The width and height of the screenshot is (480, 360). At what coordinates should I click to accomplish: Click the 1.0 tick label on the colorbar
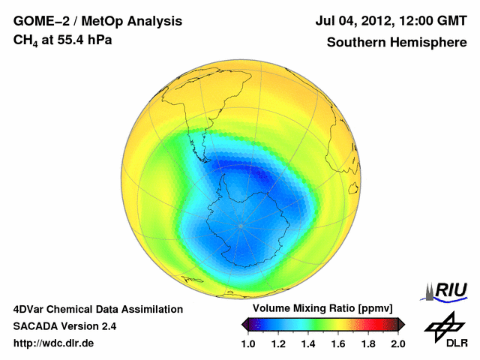[x=249, y=343]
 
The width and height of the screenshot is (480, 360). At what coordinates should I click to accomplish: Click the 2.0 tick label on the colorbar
[x=397, y=343]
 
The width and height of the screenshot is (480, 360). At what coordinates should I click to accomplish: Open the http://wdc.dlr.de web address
[x=54, y=343]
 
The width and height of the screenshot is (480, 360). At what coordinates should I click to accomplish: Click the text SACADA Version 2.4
[x=64, y=326]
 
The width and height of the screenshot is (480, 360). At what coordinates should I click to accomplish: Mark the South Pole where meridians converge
[x=240, y=224]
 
